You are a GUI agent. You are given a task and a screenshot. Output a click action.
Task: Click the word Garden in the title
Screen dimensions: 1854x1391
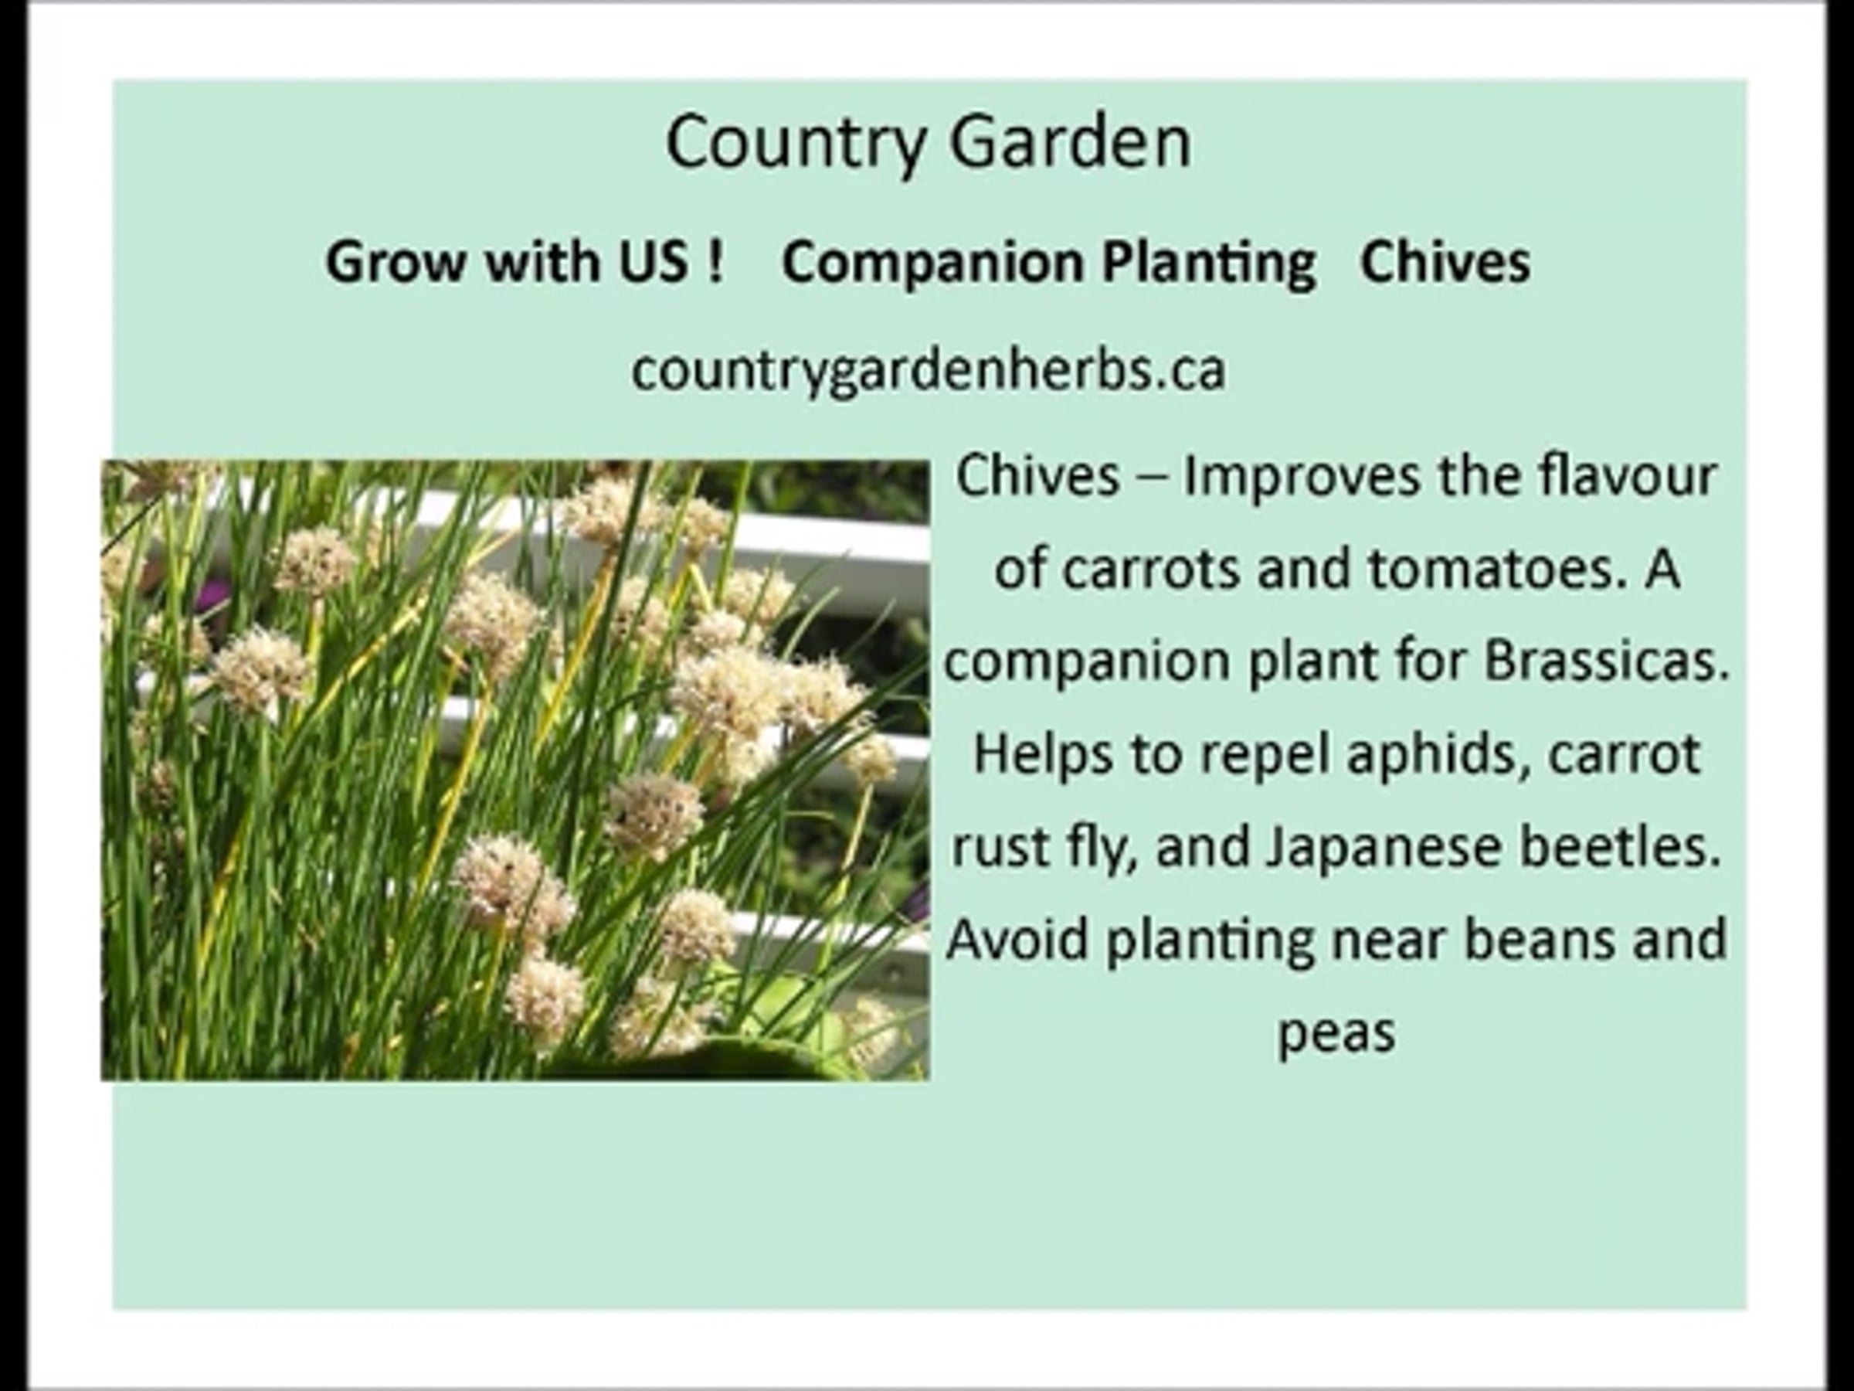point(1071,141)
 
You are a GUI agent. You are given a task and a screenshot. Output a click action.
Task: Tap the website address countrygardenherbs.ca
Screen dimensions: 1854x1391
point(929,369)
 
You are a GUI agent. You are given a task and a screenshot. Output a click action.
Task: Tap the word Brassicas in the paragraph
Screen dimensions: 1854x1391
point(1608,661)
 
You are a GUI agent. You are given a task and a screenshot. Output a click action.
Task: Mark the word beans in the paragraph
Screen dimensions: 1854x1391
point(1539,938)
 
